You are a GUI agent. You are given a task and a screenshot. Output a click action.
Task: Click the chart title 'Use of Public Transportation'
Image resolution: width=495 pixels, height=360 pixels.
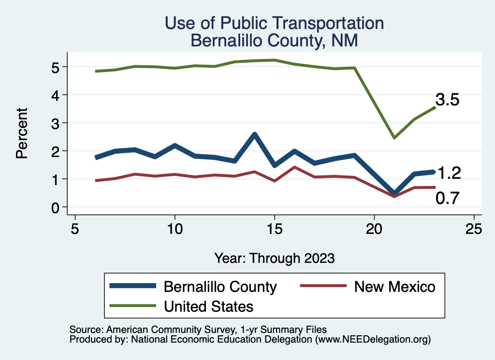click(x=274, y=23)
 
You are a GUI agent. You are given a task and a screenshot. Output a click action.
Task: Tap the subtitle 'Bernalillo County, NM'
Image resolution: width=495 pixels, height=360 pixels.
click(x=274, y=41)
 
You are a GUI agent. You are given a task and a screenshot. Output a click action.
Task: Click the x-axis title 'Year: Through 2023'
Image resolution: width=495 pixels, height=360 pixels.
click(x=274, y=258)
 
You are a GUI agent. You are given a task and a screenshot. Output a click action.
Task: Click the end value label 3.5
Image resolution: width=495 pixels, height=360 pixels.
click(x=447, y=100)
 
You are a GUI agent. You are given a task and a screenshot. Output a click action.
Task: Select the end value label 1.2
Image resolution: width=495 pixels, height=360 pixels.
click(x=449, y=173)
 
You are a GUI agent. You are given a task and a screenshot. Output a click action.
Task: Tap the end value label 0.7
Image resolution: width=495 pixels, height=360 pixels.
click(x=447, y=198)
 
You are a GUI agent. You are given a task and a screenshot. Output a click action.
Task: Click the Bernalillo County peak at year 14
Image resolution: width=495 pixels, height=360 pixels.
click(x=254, y=134)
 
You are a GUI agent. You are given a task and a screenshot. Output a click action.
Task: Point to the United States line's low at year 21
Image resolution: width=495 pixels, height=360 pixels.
click(x=394, y=138)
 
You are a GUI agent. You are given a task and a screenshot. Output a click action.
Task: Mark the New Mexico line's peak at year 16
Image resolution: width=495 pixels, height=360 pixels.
click(x=294, y=167)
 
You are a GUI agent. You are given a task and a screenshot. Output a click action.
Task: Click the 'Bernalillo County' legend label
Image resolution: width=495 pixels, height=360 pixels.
click(x=220, y=287)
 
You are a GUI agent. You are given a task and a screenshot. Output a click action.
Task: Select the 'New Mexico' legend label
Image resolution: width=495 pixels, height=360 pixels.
click(x=394, y=287)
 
